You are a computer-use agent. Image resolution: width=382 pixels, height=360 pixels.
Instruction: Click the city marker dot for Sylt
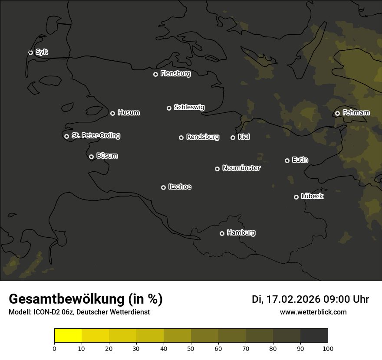point(30,52)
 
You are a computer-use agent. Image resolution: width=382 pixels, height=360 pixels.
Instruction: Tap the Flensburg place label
point(175,74)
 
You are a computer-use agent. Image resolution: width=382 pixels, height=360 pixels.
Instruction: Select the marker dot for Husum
point(112,113)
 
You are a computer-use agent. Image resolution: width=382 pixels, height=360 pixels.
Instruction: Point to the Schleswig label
point(189,107)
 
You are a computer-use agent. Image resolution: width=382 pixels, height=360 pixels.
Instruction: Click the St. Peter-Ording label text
point(95,136)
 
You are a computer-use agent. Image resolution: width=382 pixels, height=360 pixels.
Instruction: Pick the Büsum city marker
point(91,157)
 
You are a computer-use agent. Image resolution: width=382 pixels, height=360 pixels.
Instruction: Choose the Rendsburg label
point(202,137)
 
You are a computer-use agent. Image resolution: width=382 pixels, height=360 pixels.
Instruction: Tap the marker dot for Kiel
point(233,137)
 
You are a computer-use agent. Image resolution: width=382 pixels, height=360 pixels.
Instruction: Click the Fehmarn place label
point(356,113)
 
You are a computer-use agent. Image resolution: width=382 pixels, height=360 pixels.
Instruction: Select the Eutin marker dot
point(287,160)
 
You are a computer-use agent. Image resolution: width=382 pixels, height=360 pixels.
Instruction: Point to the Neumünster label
point(241,168)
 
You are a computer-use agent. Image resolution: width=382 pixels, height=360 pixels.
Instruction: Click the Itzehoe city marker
point(163,187)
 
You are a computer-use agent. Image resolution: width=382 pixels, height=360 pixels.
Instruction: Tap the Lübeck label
point(312,196)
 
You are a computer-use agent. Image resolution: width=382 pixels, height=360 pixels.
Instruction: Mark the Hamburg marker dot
point(222,233)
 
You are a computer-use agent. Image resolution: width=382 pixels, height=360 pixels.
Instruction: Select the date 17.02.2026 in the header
point(293,299)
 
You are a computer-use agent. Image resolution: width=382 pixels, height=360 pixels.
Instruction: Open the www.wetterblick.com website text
point(313,312)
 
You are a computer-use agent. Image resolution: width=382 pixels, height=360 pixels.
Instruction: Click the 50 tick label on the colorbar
point(191,348)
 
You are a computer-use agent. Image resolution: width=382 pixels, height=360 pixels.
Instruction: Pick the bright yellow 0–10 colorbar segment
point(68,336)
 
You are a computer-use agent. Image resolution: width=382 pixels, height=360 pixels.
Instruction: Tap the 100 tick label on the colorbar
point(328,348)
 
